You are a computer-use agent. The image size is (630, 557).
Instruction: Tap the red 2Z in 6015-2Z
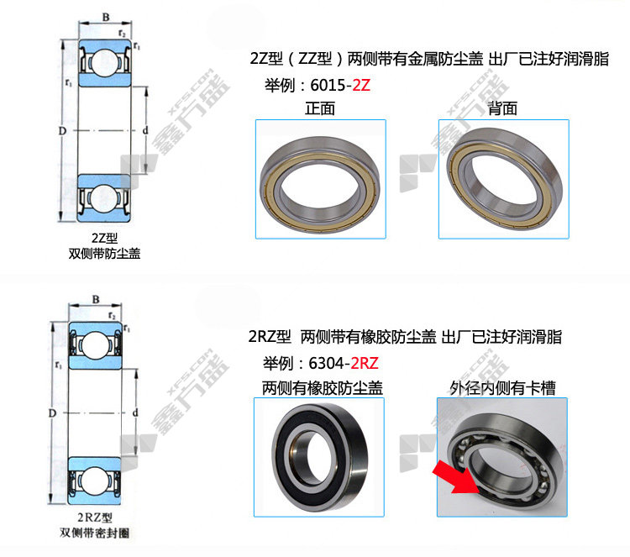tap(361, 85)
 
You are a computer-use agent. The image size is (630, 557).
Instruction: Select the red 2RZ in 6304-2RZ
tap(365, 363)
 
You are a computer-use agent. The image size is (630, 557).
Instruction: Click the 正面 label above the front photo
tap(320, 108)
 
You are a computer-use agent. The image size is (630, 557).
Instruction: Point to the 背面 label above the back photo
tap(502, 108)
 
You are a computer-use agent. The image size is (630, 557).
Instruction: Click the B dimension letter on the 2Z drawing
tap(106, 18)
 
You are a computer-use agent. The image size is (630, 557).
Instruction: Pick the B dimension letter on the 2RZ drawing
tap(96, 299)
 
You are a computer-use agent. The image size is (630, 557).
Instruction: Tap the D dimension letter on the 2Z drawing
tap(62, 130)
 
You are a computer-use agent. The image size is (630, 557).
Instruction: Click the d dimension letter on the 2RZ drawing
tap(135, 412)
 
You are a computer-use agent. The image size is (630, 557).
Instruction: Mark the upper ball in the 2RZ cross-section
tap(95, 344)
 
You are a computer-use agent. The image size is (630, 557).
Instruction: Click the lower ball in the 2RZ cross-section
tap(95, 480)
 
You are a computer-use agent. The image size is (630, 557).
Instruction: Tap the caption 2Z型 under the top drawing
tap(104, 239)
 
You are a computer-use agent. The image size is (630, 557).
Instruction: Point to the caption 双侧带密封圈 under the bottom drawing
tap(95, 533)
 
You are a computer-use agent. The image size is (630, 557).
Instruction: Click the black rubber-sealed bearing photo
tap(320, 457)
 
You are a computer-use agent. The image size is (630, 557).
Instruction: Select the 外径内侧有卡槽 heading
tap(502, 388)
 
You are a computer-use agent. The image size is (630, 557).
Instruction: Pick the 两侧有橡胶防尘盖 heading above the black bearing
tap(323, 388)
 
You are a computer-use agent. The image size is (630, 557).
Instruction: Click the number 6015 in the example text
tap(328, 85)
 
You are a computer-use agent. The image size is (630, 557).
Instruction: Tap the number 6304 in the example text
tap(326, 363)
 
